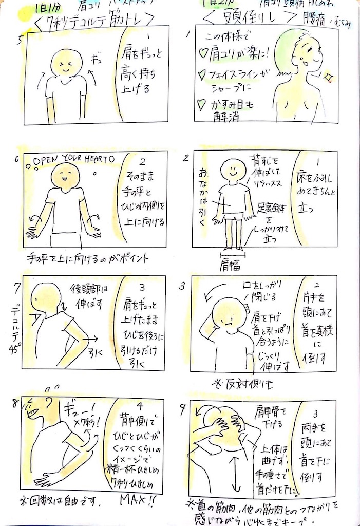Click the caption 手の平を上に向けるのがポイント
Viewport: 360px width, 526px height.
tap(87, 257)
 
